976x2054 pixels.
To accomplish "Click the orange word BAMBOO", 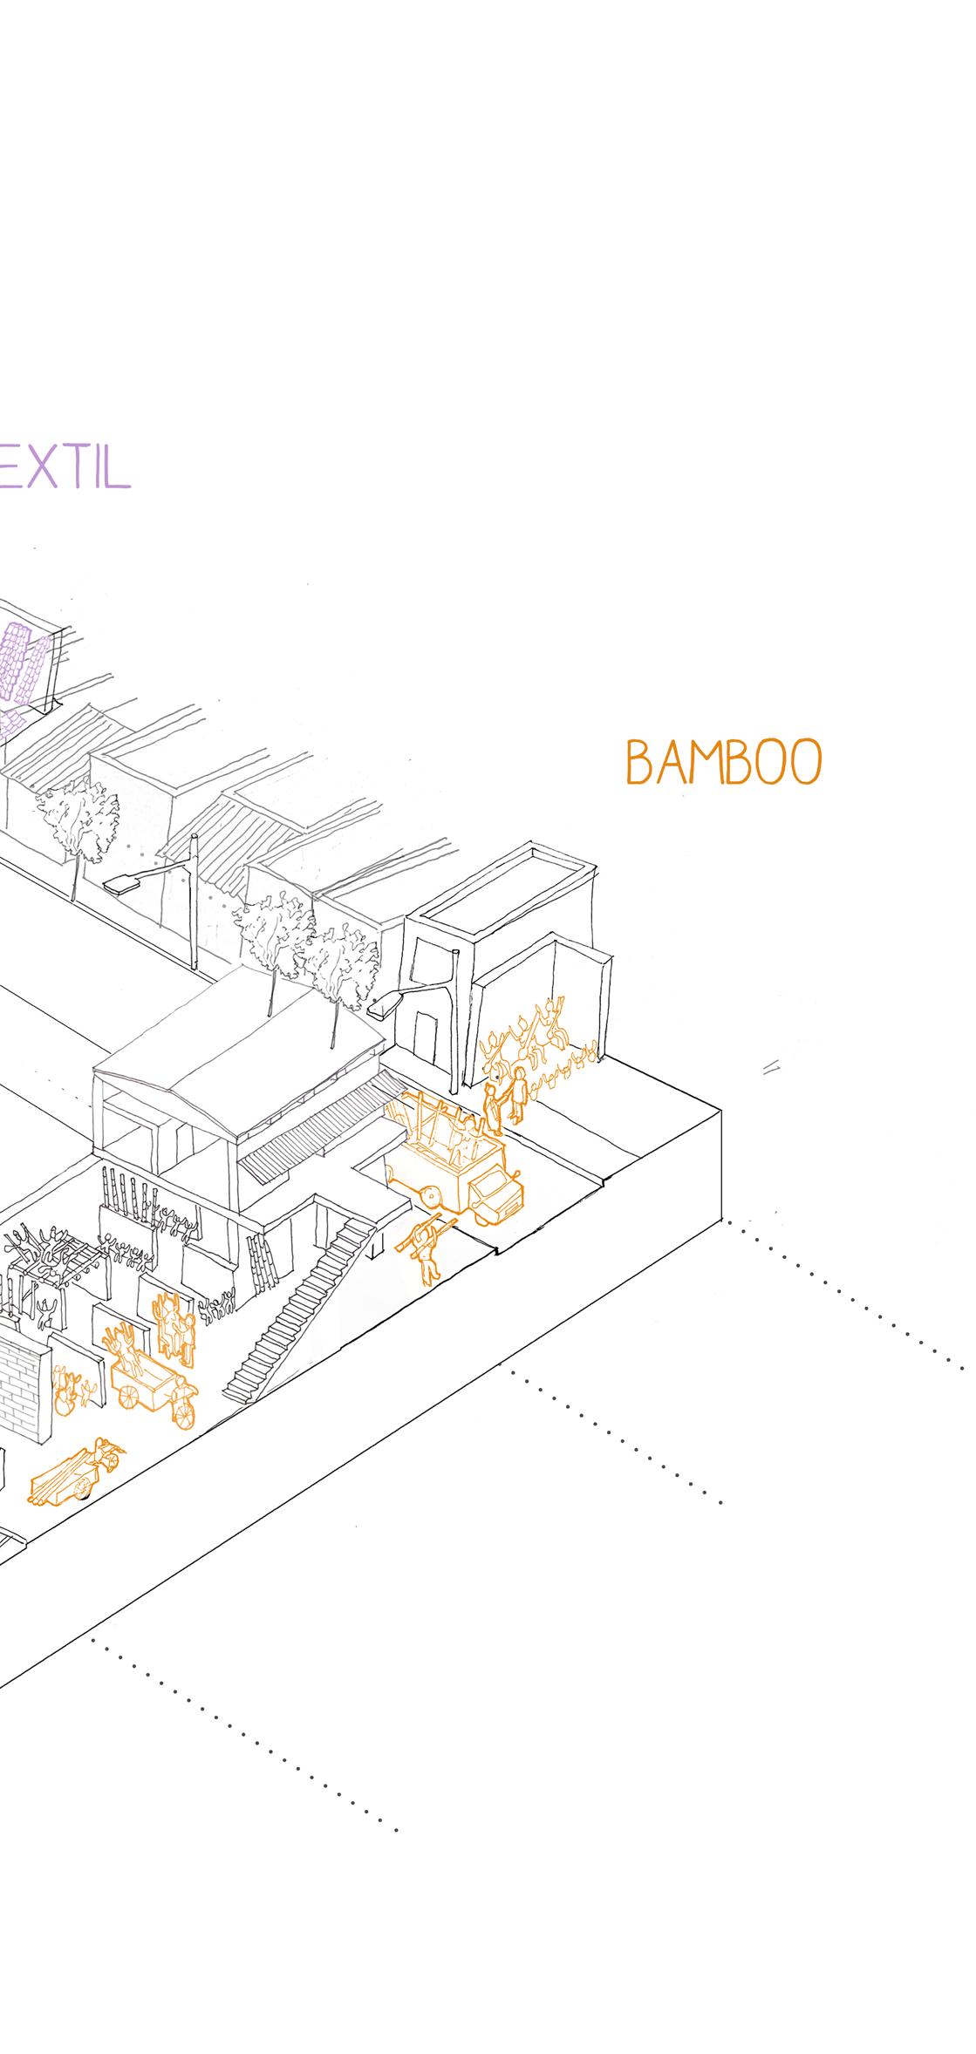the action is point(723,763).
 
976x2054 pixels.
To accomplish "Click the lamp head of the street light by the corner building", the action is point(385,1005).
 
